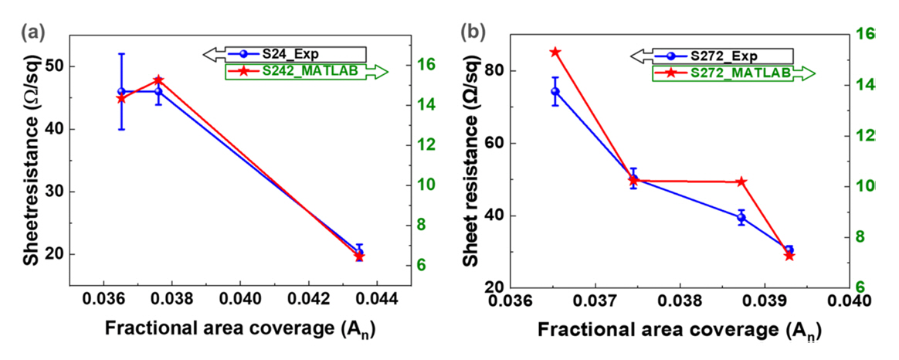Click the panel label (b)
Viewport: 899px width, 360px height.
473,32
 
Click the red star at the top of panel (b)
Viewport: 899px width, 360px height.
555,52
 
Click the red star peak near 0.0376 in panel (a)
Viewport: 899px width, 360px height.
158,80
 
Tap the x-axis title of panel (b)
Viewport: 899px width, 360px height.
678,328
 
